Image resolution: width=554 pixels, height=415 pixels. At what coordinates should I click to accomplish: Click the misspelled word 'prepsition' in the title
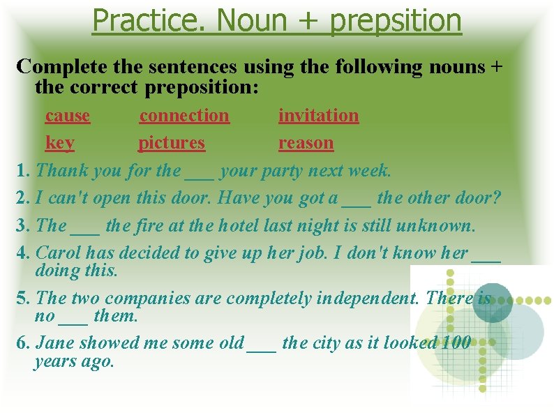point(396,21)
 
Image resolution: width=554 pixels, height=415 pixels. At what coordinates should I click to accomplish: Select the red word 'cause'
point(68,115)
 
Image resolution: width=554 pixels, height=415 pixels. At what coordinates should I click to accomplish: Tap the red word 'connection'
point(184,115)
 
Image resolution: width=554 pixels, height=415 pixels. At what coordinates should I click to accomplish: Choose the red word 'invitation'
point(318,115)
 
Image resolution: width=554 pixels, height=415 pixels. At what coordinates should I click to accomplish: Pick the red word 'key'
point(59,143)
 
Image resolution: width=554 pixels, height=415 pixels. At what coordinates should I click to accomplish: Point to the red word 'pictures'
point(172,143)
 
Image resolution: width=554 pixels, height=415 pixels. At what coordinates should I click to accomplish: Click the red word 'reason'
point(306,143)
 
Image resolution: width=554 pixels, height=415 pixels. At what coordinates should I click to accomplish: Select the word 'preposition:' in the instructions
point(202,89)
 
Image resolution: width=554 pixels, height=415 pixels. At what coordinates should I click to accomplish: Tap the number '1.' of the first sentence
point(23,170)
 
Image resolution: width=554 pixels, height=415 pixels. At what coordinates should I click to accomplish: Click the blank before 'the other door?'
point(357,199)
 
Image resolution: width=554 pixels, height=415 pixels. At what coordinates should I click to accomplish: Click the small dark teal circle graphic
point(492,302)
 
